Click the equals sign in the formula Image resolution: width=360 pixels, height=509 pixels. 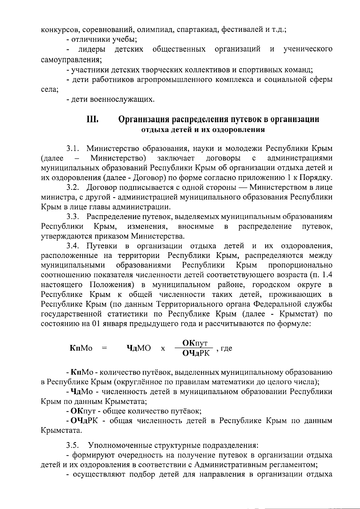click(104, 348)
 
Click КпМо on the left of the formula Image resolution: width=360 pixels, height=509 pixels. click(81, 348)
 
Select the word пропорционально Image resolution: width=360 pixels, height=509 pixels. click(300, 265)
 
